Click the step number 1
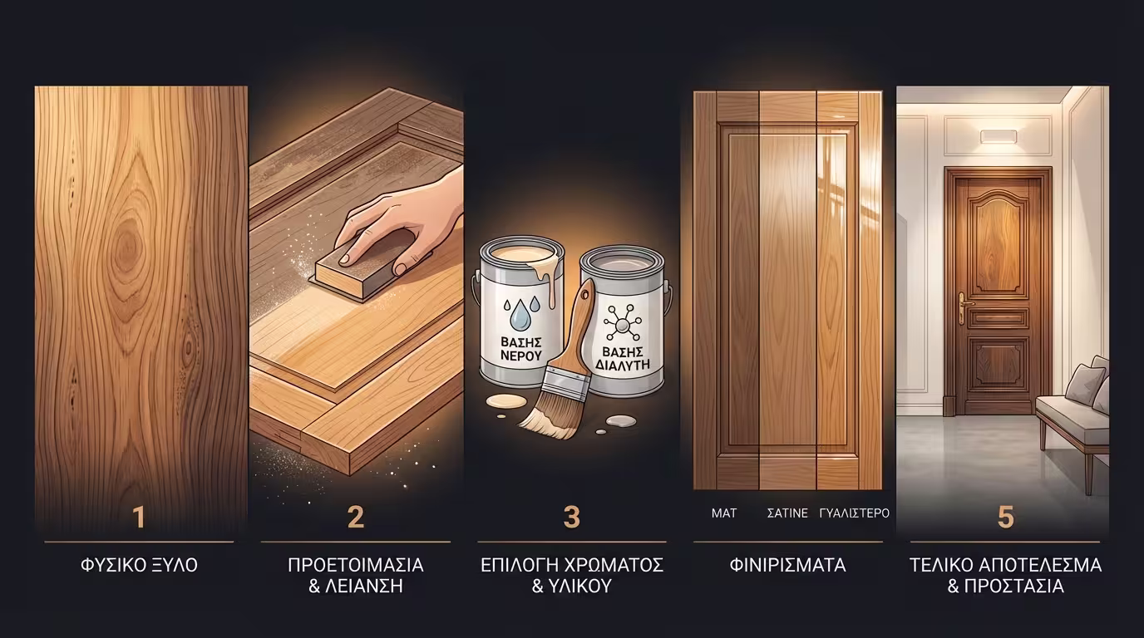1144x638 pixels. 139,517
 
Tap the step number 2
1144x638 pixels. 355,517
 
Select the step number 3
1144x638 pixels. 571,517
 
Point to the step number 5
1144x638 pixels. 1005,517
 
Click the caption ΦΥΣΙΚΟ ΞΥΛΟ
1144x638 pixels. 139,566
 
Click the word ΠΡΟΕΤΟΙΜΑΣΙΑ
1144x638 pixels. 355,566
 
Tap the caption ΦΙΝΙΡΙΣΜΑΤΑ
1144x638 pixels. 787,566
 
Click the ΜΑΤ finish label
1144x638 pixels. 724,513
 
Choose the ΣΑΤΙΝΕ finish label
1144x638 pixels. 787,513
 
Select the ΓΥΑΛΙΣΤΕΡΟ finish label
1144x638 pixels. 855,513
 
